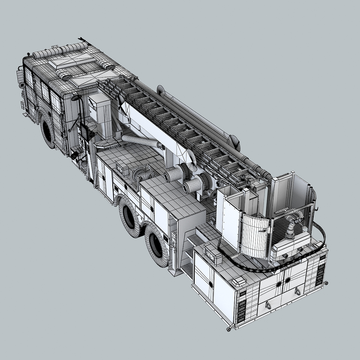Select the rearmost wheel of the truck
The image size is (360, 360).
coord(156,245)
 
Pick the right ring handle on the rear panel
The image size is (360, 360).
coord(297,291)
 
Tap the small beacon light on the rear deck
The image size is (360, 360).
coord(239,282)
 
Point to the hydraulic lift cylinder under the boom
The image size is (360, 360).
coord(142,141)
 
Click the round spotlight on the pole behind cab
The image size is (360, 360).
coord(76,98)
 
